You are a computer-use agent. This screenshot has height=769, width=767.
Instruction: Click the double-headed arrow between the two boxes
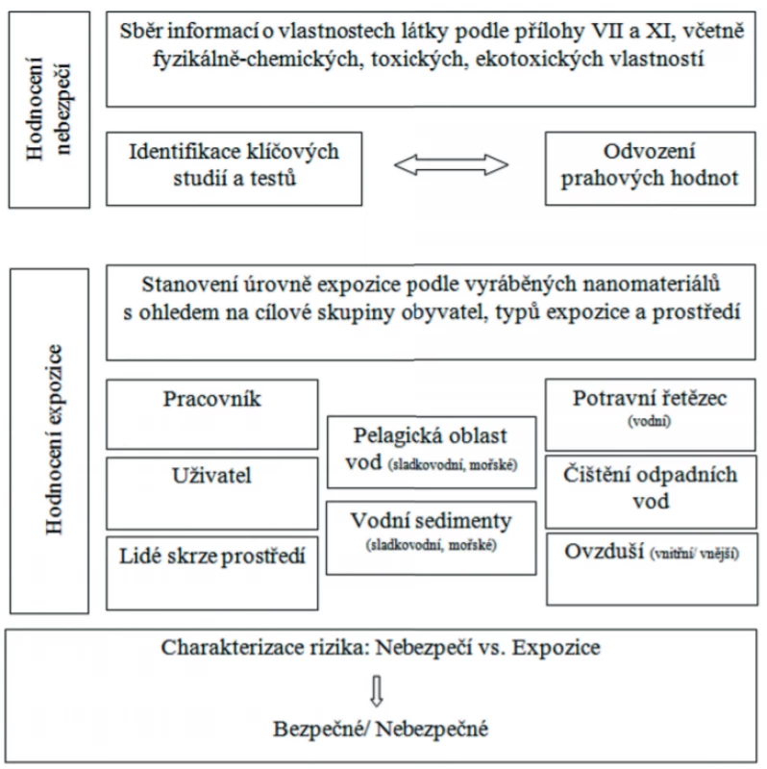[451, 164]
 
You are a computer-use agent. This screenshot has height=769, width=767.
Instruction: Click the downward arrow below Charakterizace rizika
[377, 691]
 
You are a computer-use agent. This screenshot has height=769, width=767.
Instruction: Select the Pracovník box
[211, 414]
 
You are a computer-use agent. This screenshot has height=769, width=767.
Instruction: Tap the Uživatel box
[211, 493]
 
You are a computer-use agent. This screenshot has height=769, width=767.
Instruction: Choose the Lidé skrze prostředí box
[211, 573]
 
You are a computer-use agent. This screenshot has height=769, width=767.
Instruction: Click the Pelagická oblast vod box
[432, 452]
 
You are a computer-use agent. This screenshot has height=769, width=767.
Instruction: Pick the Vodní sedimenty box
[431, 538]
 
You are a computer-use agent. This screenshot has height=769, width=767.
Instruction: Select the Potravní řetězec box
[651, 414]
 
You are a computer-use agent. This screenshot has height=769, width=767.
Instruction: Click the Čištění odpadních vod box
[651, 492]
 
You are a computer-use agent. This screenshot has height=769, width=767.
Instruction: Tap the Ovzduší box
[652, 570]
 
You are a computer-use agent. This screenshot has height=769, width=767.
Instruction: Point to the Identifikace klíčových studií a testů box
[234, 169]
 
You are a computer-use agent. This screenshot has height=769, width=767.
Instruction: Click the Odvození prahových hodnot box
[651, 168]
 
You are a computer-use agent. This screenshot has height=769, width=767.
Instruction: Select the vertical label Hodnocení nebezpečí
[49, 109]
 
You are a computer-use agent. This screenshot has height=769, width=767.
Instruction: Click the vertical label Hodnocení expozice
[54, 439]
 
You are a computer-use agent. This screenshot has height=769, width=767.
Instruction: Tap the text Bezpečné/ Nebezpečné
[381, 729]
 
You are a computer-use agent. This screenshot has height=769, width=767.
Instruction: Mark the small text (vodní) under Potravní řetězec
[650, 421]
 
